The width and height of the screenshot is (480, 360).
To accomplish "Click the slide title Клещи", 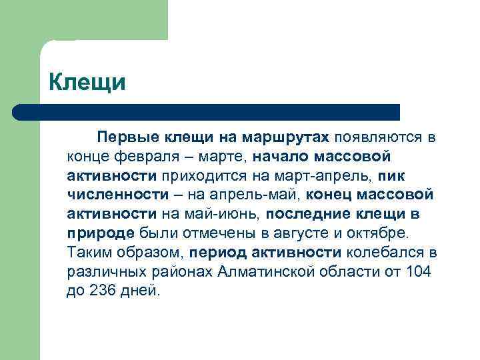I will point(87,83).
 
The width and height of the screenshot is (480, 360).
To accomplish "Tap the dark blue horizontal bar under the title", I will point(207,112).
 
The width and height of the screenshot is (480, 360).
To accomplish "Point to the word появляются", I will point(378,137).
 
